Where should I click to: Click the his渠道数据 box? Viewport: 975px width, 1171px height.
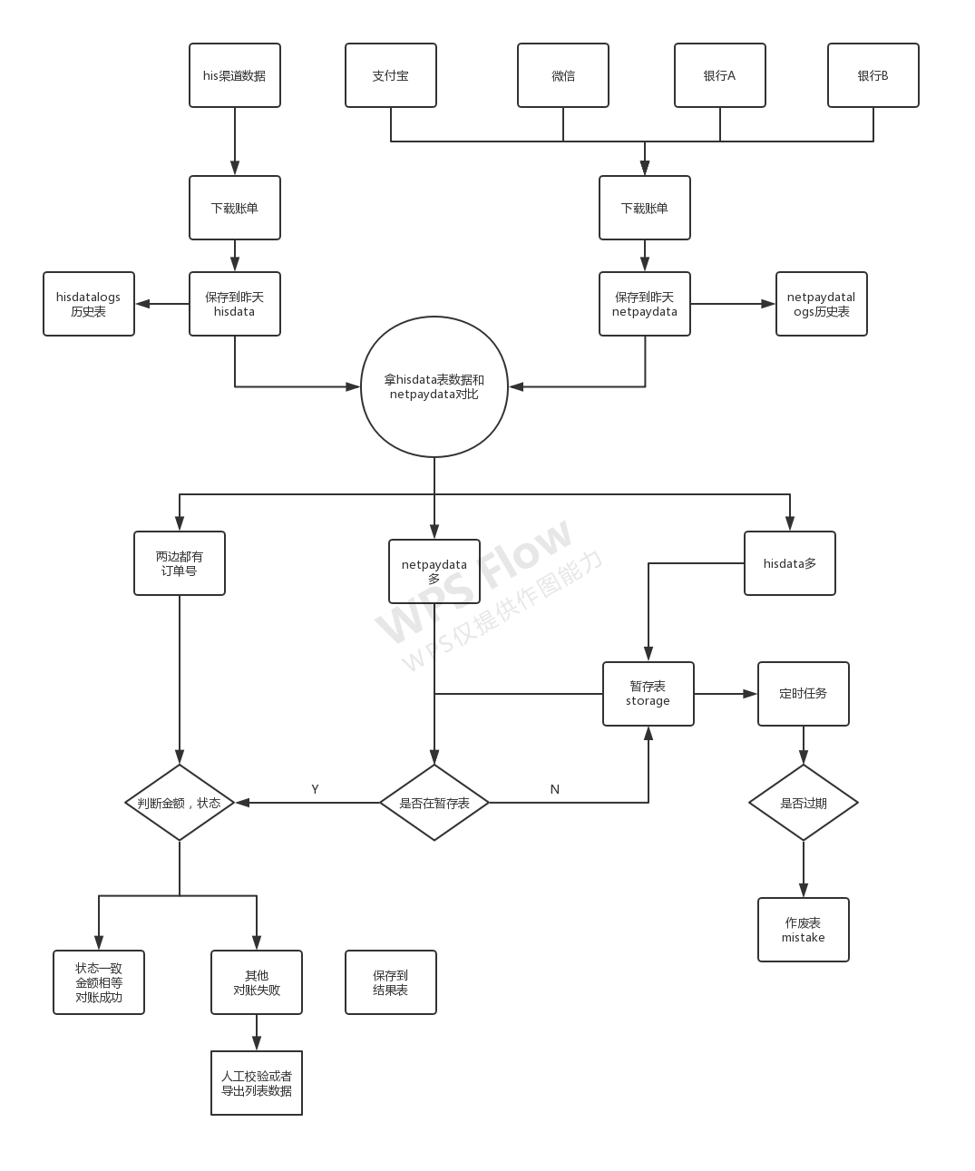coord(235,75)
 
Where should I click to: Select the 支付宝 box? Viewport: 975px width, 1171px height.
coord(391,75)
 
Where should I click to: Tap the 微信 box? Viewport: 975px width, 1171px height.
coord(563,75)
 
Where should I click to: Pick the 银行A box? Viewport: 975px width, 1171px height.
coord(720,75)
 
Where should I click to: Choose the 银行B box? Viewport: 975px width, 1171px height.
coord(873,75)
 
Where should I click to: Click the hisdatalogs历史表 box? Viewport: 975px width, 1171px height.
coord(89,304)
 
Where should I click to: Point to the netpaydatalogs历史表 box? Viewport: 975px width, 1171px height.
coord(822,304)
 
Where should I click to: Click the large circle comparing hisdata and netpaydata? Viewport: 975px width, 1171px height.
coord(434,386)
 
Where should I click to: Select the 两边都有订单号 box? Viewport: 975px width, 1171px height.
coord(180,563)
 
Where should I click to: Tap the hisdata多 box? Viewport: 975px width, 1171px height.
coord(790,563)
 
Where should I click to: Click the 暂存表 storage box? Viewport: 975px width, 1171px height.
coord(648,694)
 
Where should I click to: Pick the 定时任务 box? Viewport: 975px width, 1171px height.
coord(804,694)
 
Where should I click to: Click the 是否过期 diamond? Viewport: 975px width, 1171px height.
coord(804,803)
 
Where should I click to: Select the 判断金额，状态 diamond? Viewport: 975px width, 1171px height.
coord(180,803)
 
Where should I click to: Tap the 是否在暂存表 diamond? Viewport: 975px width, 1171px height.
coord(434,803)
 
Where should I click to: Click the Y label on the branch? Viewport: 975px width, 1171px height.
coord(315,789)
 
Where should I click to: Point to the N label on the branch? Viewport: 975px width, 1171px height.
coord(555,789)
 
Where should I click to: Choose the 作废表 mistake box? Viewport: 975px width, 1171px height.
coord(804,930)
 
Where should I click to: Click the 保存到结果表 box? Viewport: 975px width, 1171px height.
coord(391,982)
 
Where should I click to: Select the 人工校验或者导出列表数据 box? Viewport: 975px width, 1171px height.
coord(257,1083)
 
